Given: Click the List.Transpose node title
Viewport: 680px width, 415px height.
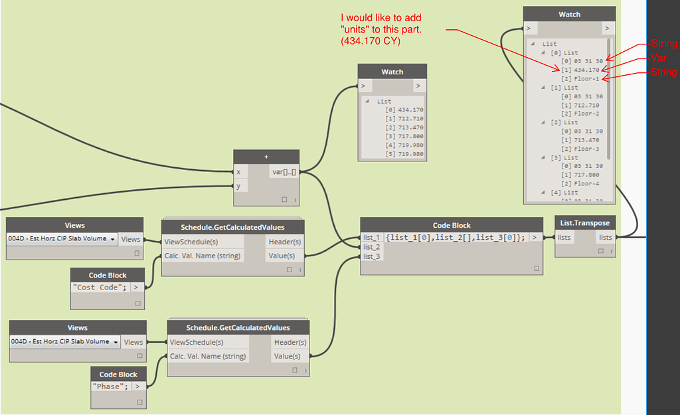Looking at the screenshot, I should [584, 222].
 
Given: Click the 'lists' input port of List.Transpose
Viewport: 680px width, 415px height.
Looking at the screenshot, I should [564, 237].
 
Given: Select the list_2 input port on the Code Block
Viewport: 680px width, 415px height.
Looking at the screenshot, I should [371, 247].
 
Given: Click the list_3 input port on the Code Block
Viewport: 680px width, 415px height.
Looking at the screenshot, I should [371, 256].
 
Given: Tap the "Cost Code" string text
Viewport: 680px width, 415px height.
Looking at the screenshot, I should [100, 287].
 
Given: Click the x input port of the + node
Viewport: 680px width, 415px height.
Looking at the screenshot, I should [238, 171].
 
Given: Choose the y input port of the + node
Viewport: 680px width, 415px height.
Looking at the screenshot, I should [238, 186].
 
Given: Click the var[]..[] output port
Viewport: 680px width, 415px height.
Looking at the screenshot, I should [284, 171].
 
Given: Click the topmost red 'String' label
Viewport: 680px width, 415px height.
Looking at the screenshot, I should [663, 44].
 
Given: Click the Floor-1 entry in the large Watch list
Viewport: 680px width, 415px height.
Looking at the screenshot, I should [586, 78].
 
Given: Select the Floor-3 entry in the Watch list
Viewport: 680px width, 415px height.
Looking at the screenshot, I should [586, 149].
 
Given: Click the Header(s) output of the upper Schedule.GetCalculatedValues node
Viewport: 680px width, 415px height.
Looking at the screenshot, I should [284, 242].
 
